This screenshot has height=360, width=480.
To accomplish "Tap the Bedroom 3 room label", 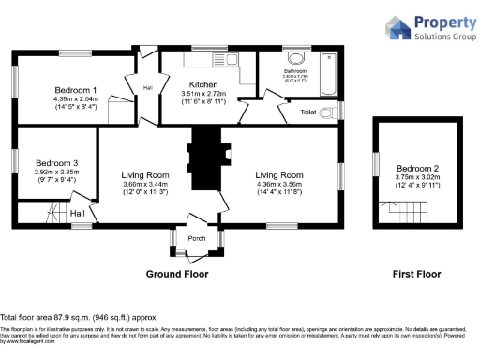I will tap(56, 163).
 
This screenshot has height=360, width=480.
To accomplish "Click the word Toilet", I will tap(307, 112).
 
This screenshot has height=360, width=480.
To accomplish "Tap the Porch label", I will tap(197, 238).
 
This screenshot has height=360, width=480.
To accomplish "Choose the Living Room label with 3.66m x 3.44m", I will tap(145, 174).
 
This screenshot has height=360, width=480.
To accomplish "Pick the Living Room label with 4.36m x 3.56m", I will tap(279, 174).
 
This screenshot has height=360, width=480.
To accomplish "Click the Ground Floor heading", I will tap(176, 274).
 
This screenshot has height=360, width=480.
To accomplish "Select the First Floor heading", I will tap(416, 274).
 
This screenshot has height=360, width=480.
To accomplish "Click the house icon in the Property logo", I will tap(397, 27).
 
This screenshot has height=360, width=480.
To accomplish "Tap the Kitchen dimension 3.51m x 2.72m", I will tap(203, 94).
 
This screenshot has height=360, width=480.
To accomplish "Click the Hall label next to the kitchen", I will tap(147, 88).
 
